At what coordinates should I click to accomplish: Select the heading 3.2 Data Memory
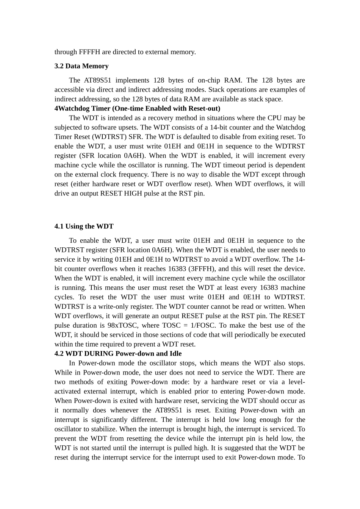[81, 66]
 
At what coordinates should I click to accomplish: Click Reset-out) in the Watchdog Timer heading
[204, 108]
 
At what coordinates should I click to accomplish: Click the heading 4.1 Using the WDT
[84, 226]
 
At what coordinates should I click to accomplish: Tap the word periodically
[234, 335]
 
